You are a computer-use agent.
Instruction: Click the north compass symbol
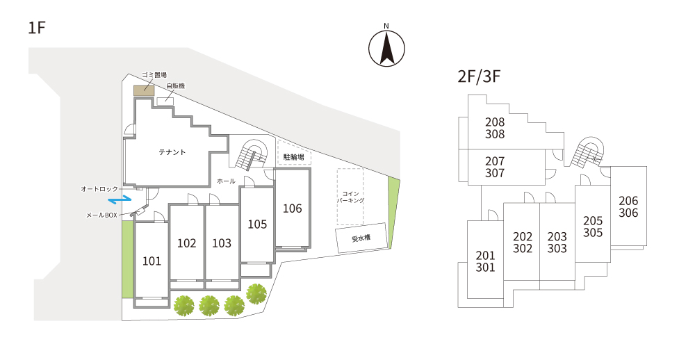tap(386, 47)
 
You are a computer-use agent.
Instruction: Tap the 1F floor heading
tap(37, 28)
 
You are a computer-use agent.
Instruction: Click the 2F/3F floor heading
tap(480, 76)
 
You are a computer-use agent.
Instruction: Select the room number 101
tap(152, 261)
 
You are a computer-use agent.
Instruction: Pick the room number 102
tap(186, 243)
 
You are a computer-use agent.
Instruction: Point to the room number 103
tap(222, 243)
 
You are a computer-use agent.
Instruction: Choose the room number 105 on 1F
tap(257, 224)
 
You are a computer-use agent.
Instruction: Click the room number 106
tap(292, 208)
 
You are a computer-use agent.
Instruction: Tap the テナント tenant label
tap(172, 152)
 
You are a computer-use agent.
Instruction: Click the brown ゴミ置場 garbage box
tap(145, 88)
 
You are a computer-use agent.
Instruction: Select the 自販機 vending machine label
tap(175, 86)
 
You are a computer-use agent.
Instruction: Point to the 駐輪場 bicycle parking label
tap(293, 157)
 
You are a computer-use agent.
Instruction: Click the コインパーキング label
tap(350, 197)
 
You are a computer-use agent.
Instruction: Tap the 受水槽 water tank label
tap(361, 238)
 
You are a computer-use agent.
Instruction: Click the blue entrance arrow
tap(120, 199)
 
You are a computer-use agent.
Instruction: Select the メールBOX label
tap(101, 215)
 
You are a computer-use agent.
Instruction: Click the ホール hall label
tap(226, 181)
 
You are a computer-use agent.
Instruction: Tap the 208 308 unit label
tap(495, 129)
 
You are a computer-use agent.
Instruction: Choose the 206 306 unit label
tap(628, 207)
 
